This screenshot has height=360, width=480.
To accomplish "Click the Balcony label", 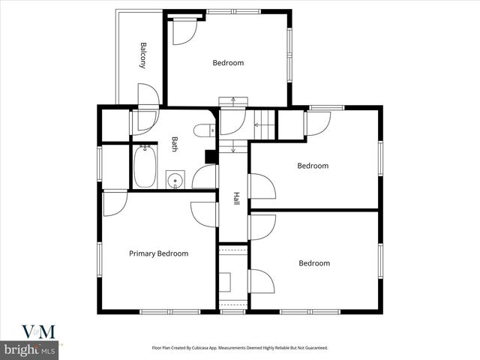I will coord(142,55).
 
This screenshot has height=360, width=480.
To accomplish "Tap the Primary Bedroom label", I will coord(158,253).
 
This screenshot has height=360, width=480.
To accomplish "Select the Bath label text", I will coord(175,143).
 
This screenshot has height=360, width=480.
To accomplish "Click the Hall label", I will coord(236,199).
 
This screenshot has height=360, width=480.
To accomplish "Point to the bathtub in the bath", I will coord(144,166).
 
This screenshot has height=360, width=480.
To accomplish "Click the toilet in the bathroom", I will coord(201,131).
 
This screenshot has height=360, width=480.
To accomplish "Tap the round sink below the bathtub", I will coord(175,180).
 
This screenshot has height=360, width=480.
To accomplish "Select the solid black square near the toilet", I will coord(211,156).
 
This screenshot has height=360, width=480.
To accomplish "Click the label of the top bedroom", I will coord(228,63).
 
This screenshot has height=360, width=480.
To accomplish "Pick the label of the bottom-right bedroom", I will coord(314,263).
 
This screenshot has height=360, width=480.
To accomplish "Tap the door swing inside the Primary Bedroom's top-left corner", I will coord(114,203).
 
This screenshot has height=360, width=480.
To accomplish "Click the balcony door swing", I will coord(148,95).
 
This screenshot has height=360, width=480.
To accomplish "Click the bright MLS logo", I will coord(31,350).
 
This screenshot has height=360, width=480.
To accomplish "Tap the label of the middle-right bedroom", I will coord(313,166).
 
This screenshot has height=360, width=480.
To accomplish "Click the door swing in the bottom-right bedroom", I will coord(261,280).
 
